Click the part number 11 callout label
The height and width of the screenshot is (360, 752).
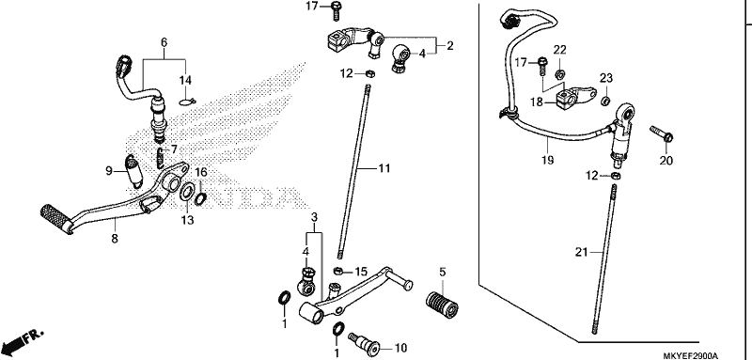384,169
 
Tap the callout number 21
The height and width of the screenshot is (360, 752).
582,252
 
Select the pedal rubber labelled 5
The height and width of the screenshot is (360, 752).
441,303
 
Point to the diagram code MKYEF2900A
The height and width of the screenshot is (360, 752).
691,355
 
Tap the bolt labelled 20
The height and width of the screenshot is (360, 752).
662,133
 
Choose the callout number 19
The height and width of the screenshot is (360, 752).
548,160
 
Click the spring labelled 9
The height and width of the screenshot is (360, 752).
133,171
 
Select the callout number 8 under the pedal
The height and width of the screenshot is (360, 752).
115,238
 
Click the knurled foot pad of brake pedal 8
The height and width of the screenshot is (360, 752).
56,219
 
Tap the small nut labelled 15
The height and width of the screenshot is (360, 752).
337,272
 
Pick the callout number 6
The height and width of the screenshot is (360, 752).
164,42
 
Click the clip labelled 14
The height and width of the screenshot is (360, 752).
188,102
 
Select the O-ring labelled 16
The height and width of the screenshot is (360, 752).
201,196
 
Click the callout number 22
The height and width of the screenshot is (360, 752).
560,50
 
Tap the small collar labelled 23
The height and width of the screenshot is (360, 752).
606,101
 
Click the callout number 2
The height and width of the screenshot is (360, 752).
450,46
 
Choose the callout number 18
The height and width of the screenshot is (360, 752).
537,102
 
